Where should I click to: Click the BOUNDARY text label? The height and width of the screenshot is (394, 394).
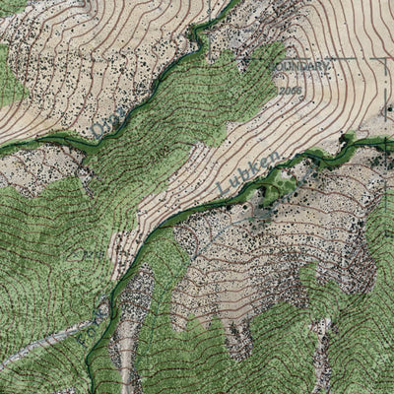tap(299, 67)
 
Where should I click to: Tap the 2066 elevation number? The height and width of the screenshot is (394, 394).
tap(290, 91)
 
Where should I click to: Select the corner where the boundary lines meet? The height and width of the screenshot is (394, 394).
tap(385, 59)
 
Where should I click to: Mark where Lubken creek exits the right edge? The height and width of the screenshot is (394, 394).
tap(391, 139)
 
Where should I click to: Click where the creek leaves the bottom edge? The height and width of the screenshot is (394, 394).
tap(91, 391)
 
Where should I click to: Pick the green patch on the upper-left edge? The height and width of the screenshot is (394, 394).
tap(8, 79)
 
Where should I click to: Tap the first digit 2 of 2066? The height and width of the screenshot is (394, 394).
tap(281, 91)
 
